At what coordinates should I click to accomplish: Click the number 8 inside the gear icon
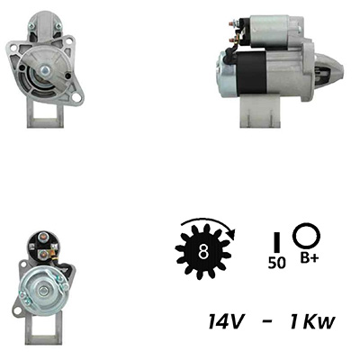(x=203, y=252)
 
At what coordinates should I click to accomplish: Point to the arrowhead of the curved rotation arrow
(x=232, y=235)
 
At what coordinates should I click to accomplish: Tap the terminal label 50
(x=276, y=263)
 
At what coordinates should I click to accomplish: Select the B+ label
(x=309, y=258)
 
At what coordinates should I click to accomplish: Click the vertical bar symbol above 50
(x=277, y=242)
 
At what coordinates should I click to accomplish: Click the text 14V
(x=225, y=322)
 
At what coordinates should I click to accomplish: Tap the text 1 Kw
(x=311, y=322)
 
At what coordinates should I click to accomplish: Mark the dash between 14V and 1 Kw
(x=266, y=322)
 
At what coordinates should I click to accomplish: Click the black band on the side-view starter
(x=251, y=74)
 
